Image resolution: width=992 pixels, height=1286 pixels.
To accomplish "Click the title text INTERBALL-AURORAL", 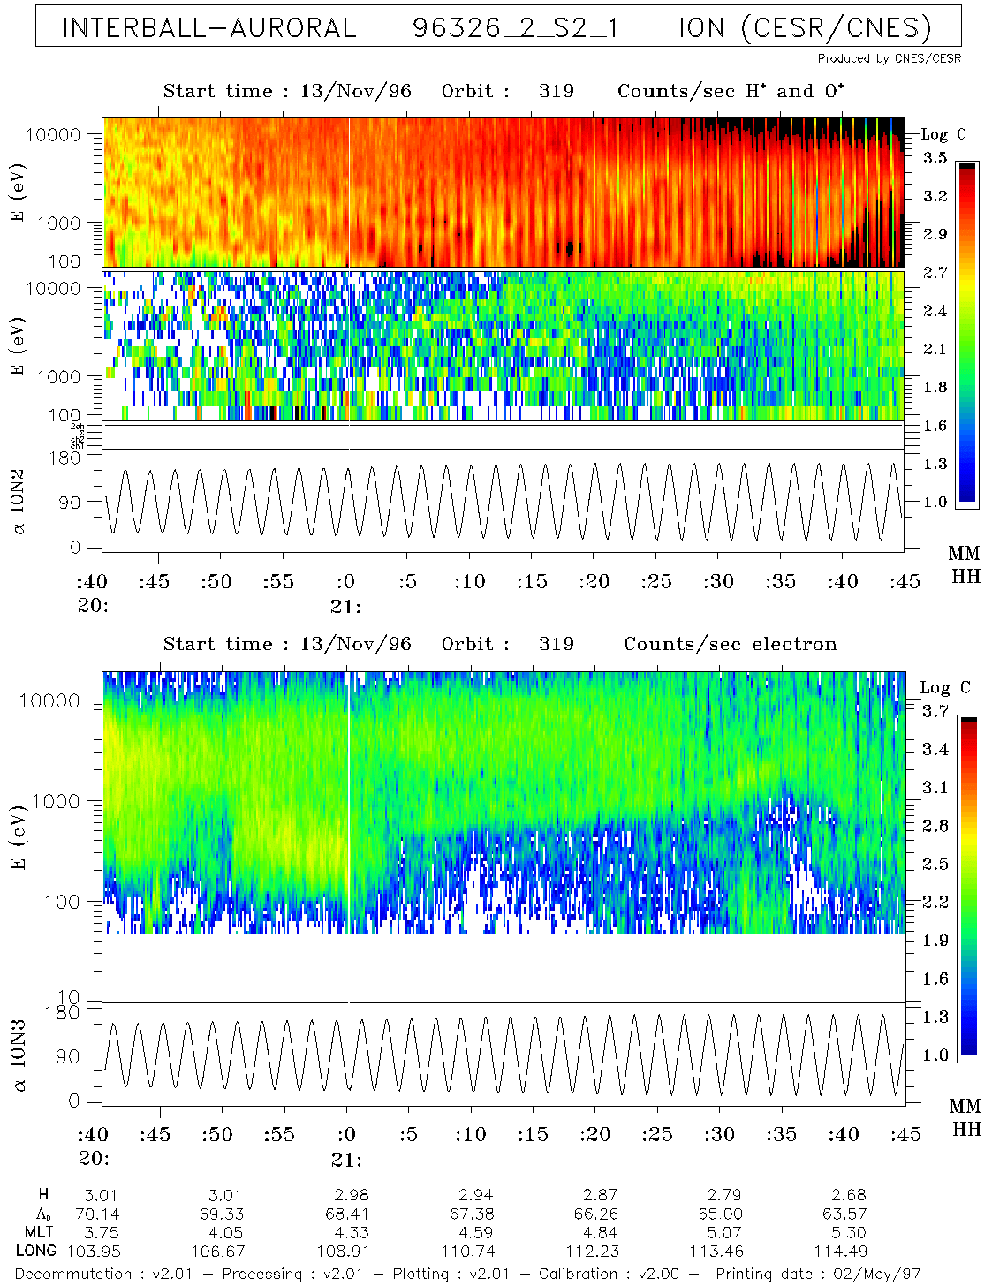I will click(208, 28).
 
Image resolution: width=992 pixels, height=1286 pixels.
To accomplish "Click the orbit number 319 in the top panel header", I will click(556, 91).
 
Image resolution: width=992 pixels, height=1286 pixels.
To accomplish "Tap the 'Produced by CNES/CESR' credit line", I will click(889, 58).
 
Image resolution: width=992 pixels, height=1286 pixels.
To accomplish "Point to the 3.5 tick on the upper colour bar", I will click(935, 158).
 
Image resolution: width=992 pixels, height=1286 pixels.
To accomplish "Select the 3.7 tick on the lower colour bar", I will click(935, 711).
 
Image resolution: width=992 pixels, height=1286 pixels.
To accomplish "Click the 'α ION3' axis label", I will click(19, 1055).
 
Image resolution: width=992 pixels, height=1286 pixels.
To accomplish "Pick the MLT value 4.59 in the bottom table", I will click(472, 1232).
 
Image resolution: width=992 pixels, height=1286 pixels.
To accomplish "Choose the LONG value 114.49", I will click(844, 1251).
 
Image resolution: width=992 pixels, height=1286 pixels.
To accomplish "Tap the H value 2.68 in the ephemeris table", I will click(844, 1195).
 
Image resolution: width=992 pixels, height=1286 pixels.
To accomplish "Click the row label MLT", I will click(39, 1232).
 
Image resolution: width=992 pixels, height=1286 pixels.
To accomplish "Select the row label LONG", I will click(36, 1251).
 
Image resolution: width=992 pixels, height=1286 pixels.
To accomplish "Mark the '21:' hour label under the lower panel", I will click(346, 1159).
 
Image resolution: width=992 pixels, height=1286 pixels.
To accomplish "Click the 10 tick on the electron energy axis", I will click(68, 999).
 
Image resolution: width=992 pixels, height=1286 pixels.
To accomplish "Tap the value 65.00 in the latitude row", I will click(720, 1214).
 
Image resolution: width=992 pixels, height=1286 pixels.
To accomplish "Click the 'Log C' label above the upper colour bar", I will click(943, 134).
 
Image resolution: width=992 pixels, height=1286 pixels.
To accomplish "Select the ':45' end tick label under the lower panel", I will click(905, 1135).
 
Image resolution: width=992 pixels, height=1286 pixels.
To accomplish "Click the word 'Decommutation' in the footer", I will click(73, 1274).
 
